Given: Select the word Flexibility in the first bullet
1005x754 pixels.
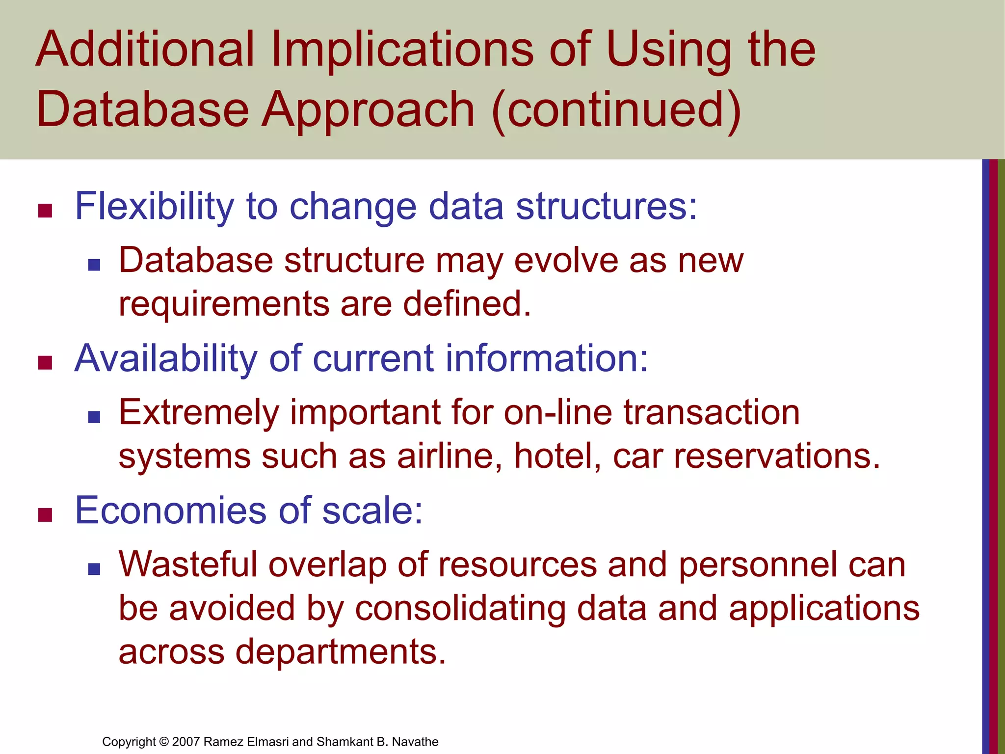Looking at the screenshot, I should [x=154, y=207].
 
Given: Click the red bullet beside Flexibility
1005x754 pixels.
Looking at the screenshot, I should [x=45, y=211].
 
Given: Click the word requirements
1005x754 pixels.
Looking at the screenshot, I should [x=224, y=304].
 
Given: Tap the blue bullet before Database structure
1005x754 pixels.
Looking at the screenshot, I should [x=94, y=266].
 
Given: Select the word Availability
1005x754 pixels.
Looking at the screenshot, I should [x=166, y=359].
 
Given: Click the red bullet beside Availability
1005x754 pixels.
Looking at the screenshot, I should [x=45, y=363].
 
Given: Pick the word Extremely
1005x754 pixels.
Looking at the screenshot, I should [x=199, y=413].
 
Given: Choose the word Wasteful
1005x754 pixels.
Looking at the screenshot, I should [x=188, y=565].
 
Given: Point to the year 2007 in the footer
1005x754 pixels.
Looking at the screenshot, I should [x=186, y=742].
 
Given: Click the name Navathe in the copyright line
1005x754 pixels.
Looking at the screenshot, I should [x=415, y=742].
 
